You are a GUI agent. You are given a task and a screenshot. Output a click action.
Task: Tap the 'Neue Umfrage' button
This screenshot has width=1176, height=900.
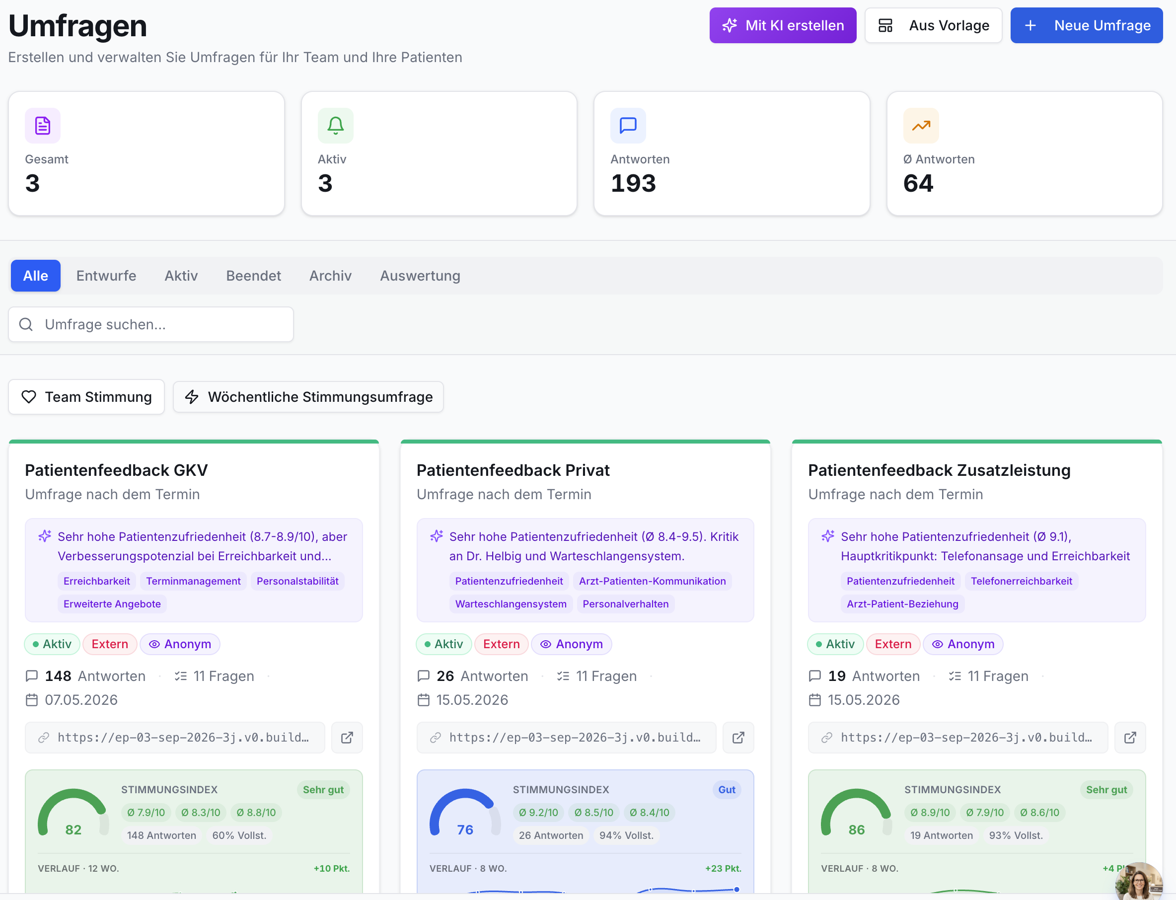[1086, 25]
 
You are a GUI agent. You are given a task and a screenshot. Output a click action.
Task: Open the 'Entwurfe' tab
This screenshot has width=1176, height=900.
[106, 275]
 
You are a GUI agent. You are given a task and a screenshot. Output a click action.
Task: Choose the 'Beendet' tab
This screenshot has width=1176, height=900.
[253, 275]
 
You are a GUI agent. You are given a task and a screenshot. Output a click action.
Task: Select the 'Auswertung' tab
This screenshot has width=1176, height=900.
[420, 275]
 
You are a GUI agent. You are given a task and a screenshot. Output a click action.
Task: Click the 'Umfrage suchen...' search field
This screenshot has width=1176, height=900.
[151, 324]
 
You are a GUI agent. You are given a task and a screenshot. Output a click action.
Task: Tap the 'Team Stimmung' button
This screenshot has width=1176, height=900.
[86, 396]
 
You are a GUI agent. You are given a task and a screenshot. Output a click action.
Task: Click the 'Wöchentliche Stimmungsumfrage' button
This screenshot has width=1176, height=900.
[308, 396]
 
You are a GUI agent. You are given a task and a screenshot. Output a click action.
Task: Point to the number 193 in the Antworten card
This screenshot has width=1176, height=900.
[633, 183]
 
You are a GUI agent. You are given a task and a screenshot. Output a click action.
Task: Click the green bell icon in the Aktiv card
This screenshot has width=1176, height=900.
[335, 125]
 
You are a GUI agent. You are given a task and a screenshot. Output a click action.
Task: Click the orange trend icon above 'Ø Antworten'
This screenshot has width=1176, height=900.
[921, 125]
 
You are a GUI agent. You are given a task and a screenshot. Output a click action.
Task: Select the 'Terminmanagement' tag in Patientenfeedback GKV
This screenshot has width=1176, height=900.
[193, 581]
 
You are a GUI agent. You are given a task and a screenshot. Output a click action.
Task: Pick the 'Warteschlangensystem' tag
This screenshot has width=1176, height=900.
[511, 604]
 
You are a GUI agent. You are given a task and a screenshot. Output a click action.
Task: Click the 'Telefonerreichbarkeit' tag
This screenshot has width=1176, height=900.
[1021, 581]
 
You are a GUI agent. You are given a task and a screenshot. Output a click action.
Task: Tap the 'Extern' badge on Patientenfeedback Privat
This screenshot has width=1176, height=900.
[501, 643]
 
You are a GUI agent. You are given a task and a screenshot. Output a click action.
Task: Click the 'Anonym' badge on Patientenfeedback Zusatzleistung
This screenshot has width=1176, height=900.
[963, 643]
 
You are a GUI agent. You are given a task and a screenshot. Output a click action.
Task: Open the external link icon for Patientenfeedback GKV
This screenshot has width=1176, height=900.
[347, 737]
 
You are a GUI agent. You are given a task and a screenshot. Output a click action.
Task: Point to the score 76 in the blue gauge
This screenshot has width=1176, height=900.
[465, 829]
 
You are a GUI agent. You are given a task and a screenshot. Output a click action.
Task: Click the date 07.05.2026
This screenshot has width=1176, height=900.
[81, 700]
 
